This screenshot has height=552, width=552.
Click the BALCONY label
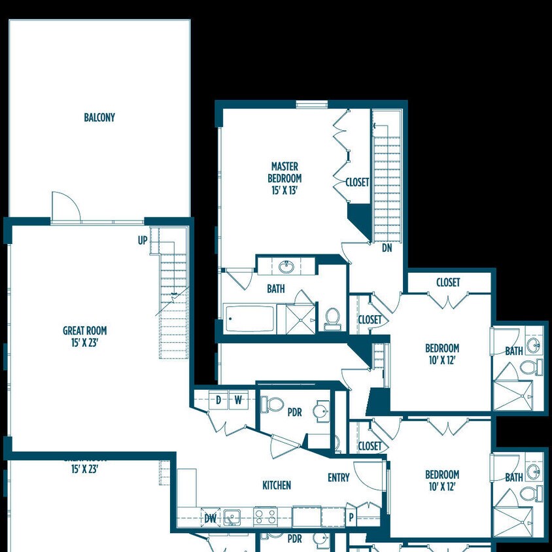(99, 118)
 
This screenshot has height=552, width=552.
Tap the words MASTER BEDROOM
(285, 172)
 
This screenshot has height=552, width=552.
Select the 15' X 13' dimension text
(285, 190)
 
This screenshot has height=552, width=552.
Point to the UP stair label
(143, 241)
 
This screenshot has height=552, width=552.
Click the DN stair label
(387, 248)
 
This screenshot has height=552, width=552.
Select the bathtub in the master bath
(250, 319)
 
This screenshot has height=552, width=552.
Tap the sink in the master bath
(286, 267)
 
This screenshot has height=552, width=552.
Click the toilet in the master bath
(333, 319)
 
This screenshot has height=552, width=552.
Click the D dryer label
(218, 400)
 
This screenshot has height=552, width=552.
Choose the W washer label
(238, 400)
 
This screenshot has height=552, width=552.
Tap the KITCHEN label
(277, 485)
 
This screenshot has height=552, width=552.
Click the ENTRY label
(339, 478)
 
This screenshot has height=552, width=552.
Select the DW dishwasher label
(210, 519)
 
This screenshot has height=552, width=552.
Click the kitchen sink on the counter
(232, 517)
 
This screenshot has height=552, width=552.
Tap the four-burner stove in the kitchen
(265, 517)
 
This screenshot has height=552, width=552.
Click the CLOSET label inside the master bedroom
(357, 182)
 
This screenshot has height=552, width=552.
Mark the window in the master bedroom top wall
(311, 104)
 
